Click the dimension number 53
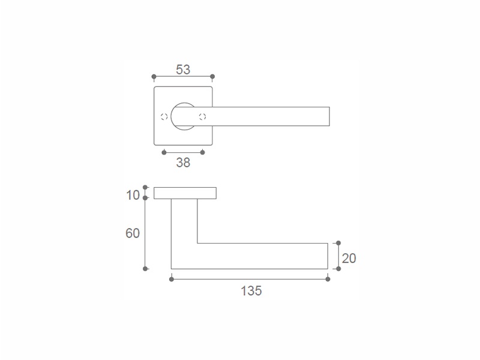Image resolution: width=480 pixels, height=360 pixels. pyautogui.click(x=183, y=70)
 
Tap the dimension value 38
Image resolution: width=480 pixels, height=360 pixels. pyautogui.click(x=183, y=163)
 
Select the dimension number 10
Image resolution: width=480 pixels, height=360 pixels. pyautogui.click(x=133, y=196)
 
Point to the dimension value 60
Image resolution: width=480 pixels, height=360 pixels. pyautogui.click(x=133, y=233)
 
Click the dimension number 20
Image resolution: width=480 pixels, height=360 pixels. pyautogui.click(x=349, y=259)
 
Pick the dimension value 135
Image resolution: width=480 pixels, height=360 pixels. pyautogui.click(x=251, y=291)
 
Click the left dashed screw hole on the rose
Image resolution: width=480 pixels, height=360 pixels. pyautogui.click(x=164, y=116)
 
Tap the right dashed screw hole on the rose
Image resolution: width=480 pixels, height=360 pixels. pyautogui.click(x=202, y=116)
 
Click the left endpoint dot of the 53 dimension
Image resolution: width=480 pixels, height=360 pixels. pyautogui.click(x=154, y=77)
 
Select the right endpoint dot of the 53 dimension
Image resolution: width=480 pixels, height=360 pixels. pyautogui.click(x=212, y=77)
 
